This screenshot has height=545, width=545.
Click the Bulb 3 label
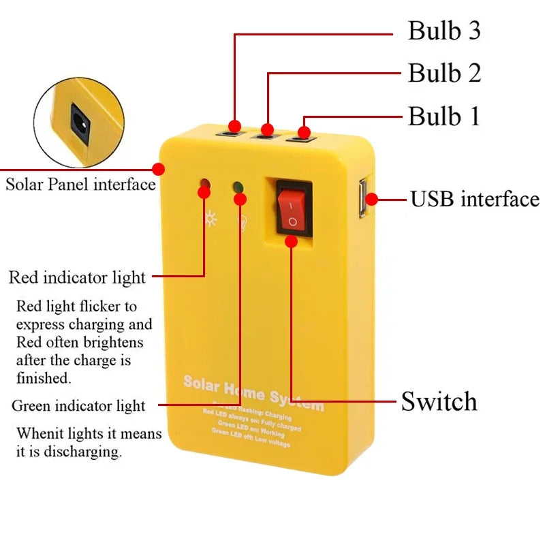pyautogui.click(x=444, y=31)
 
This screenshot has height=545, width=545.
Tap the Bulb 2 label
pyautogui.click(x=444, y=73)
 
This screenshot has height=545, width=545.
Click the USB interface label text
pyautogui.click(x=474, y=200)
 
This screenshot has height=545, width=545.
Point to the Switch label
pyautogui.click(x=439, y=401)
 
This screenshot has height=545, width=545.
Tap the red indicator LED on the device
pyautogui.click(x=204, y=185)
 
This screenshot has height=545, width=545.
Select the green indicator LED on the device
pyautogui.click(x=238, y=187)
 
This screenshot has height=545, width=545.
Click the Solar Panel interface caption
pyautogui.click(x=80, y=185)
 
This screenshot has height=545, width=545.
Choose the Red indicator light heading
pyautogui.click(x=77, y=277)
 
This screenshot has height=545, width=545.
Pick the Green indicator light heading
pyautogui.click(x=78, y=406)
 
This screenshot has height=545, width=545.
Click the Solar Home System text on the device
pyautogui.click(x=253, y=393)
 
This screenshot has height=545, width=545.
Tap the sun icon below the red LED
pyautogui.click(x=211, y=219)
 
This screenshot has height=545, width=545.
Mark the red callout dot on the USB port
pyautogui.click(x=372, y=200)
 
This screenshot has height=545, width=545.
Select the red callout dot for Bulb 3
pyautogui.click(x=235, y=126)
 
